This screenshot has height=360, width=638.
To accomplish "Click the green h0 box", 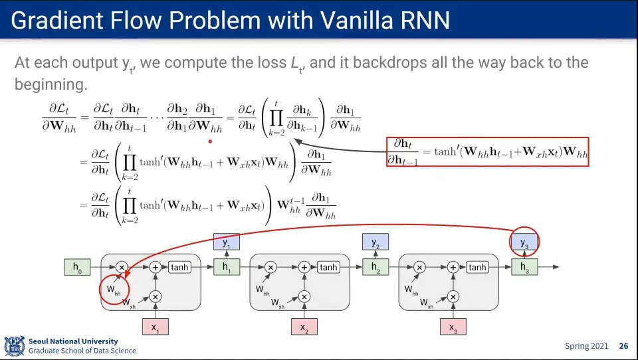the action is pyautogui.click(x=77, y=267).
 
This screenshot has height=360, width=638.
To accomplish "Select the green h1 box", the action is pyautogui.click(x=227, y=267).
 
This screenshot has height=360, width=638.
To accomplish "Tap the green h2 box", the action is pyautogui.click(x=375, y=267).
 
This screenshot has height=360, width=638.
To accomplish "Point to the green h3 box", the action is pyautogui.click(x=524, y=267).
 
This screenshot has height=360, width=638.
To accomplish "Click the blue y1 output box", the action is pyautogui.click(x=227, y=242).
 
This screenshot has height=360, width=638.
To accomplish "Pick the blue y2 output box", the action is pyautogui.click(x=375, y=242).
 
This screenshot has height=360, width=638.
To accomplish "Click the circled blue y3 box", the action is pyautogui.click(x=524, y=242).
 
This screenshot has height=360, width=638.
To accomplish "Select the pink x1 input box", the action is pyautogui.click(x=156, y=327).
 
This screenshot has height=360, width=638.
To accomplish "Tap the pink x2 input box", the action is pyautogui.click(x=304, y=327).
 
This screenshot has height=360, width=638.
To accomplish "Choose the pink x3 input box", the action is pyautogui.click(x=453, y=327).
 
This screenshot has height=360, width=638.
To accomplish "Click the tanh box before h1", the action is pyautogui.click(x=179, y=267).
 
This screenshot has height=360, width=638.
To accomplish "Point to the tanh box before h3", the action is pyautogui.click(x=477, y=267).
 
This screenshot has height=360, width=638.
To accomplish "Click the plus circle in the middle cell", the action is pyautogui.click(x=304, y=267).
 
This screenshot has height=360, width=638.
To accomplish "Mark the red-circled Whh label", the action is pyautogui.click(x=114, y=290).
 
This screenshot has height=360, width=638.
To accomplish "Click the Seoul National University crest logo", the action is pyautogui.click(x=14, y=346).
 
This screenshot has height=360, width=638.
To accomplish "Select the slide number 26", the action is pyautogui.click(x=624, y=346).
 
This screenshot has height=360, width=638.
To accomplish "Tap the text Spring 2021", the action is pyautogui.click(x=586, y=346).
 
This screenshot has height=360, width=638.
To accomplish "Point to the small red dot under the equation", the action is pyautogui.click(x=210, y=141).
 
